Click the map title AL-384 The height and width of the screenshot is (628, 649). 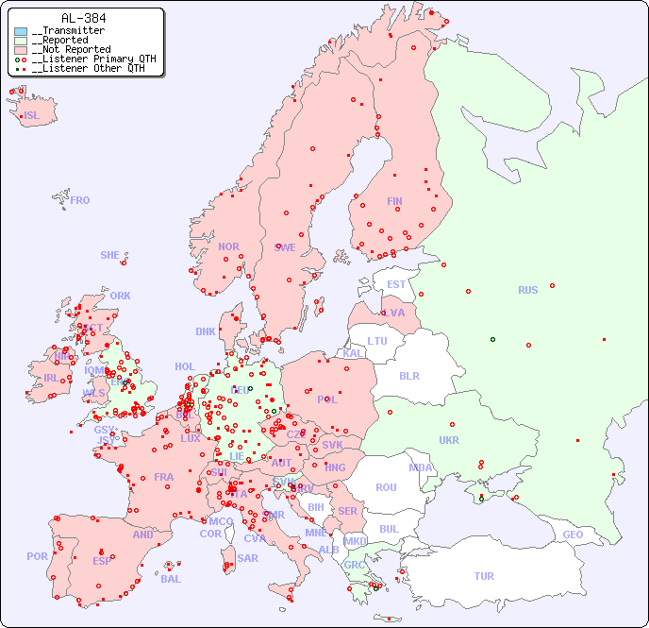pos(83,18)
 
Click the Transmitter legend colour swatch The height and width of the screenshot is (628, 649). pos(21,31)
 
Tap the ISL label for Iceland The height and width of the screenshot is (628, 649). pos(32,116)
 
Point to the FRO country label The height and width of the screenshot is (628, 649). pos(80,200)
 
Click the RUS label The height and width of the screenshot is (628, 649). pos(527,290)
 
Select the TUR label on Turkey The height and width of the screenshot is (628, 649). pos(484,576)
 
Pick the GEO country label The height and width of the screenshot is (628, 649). pos(573,535)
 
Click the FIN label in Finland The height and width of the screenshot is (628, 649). pos(394,201)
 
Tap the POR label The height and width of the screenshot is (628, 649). pos(37,556)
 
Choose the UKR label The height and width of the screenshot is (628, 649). pos(449,440)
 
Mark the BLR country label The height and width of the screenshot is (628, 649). pos(409,375)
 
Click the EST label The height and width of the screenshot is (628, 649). pos(396,284)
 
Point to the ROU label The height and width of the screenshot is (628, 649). pos(386,487)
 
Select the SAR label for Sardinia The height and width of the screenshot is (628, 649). pos(248,558)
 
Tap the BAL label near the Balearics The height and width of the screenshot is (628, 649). pos(171,579)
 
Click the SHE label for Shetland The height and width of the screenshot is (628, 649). pos(110,255)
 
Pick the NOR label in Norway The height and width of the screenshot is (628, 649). pos(228,246)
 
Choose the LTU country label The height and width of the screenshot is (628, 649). pos(377,341)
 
